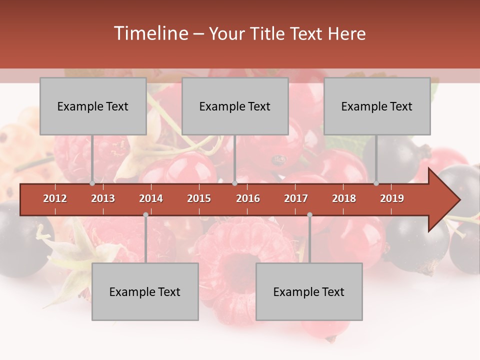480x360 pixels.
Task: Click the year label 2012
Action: (55, 198)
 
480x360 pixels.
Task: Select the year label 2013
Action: (103, 198)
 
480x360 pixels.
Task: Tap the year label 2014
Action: (151, 198)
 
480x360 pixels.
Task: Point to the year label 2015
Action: (199, 198)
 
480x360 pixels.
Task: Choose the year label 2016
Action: (248, 198)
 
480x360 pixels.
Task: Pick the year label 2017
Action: (296, 198)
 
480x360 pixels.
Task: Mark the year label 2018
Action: (344, 198)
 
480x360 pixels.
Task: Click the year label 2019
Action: (392, 198)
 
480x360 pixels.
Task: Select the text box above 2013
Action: (93, 106)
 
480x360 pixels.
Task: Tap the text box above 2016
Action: (235, 106)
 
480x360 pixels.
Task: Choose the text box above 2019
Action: (377, 106)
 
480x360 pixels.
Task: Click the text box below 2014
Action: (145, 291)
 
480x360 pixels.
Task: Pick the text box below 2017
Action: (309, 291)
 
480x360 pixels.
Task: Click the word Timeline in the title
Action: (150, 33)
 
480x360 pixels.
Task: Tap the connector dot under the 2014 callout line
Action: (145, 214)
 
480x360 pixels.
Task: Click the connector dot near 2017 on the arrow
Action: (309, 214)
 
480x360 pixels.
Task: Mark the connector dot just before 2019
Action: (376, 183)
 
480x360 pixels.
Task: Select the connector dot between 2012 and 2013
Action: (92, 183)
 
